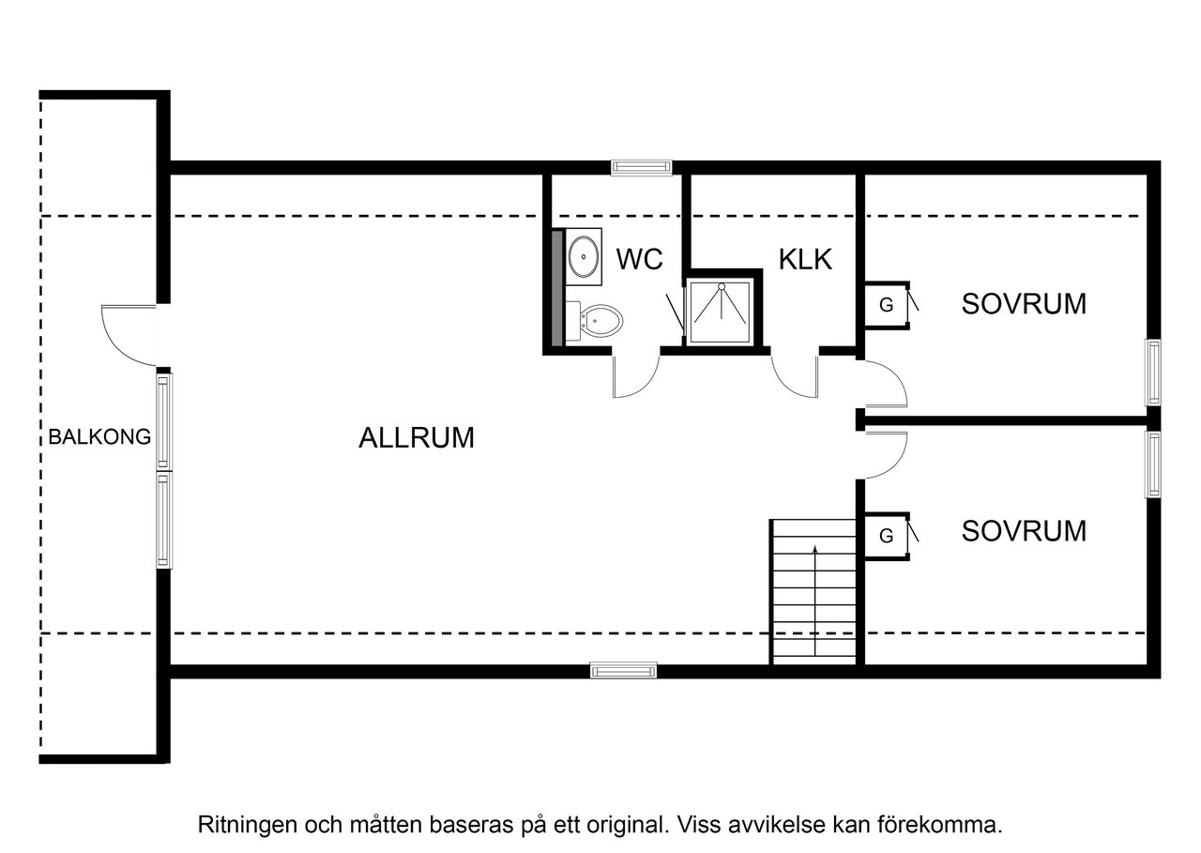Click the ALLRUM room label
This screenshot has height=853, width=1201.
point(417,438)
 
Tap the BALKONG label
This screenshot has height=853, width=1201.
point(100,436)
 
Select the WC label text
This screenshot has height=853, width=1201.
point(640,259)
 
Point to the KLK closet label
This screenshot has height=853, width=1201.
point(805,259)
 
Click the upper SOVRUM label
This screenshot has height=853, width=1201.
point(1024,304)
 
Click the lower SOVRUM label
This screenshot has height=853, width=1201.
point(1024,531)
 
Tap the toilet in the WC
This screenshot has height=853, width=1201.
point(600,322)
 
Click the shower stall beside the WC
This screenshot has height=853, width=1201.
point(722,312)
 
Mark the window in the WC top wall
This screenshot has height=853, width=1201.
point(641,168)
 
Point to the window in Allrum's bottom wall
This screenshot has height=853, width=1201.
point(623,670)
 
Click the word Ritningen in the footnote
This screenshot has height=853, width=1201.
point(245,826)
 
